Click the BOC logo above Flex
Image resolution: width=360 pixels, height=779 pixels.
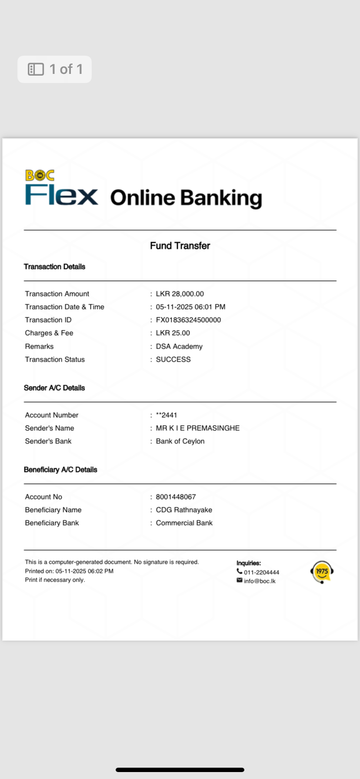(x=40, y=175)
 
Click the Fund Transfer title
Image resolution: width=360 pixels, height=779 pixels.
(x=180, y=246)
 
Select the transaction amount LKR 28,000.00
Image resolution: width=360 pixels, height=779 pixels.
(x=180, y=294)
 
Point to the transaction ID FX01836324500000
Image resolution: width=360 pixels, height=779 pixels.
(x=188, y=320)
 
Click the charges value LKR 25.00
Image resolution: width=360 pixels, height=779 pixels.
(x=173, y=333)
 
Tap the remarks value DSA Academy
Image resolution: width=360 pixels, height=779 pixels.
(x=179, y=346)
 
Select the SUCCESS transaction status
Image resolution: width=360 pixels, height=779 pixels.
(x=173, y=360)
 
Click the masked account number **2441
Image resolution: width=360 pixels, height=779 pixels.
(x=167, y=415)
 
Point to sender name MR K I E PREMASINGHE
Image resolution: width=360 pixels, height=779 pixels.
(x=197, y=428)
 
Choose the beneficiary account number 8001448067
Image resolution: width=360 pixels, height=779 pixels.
(x=176, y=497)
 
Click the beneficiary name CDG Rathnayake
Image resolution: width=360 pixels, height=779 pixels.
(x=184, y=510)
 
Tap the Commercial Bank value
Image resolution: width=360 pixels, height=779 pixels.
(x=184, y=523)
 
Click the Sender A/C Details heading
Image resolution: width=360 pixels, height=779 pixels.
(x=54, y=388)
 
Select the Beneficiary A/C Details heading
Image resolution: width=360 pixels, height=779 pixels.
(x=60, y=469)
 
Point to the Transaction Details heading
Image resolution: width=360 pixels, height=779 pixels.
(x=54, y=266)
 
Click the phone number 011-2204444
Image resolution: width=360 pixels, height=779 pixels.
(x=261, y=573)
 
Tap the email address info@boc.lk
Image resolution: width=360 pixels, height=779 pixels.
(x=260, y=581)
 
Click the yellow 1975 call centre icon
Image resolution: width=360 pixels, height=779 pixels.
(x=322, y=572)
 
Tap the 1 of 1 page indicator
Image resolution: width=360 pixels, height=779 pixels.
(x=54, y=69)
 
